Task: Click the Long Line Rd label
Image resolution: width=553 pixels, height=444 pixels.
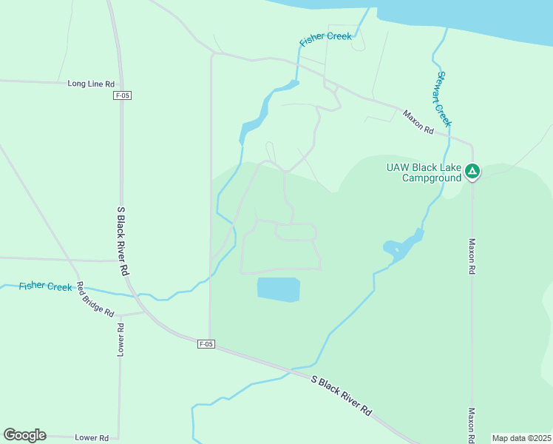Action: coord(91,84)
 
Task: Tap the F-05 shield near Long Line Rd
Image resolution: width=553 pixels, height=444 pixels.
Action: coord(123,95)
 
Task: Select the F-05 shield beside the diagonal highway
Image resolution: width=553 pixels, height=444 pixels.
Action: coord(206,343)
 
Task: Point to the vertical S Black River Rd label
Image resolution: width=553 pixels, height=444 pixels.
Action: coord(123,241)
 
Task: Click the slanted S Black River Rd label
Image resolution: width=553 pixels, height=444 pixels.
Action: coord(341,395)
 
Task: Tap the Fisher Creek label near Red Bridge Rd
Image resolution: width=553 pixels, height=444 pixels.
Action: coord(46,286)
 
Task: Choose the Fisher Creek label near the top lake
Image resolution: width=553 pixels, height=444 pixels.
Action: coord(325,40)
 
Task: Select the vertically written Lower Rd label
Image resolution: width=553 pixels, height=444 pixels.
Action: coord(120,339)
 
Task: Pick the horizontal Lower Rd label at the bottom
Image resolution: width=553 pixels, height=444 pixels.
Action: coord(92,437)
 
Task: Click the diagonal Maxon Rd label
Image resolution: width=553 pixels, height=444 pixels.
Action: coord(418,121)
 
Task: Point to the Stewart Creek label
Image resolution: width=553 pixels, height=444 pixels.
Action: coord(443,98)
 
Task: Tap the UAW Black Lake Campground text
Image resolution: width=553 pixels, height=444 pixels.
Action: coord(424,172)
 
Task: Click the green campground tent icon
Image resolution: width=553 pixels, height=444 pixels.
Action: coord(472,172)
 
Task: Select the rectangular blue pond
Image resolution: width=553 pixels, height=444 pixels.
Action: coord(279,289)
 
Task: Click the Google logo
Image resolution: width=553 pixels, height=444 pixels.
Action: coord(24,435)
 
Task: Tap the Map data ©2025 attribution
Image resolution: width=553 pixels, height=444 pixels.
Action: coord(521,438)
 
